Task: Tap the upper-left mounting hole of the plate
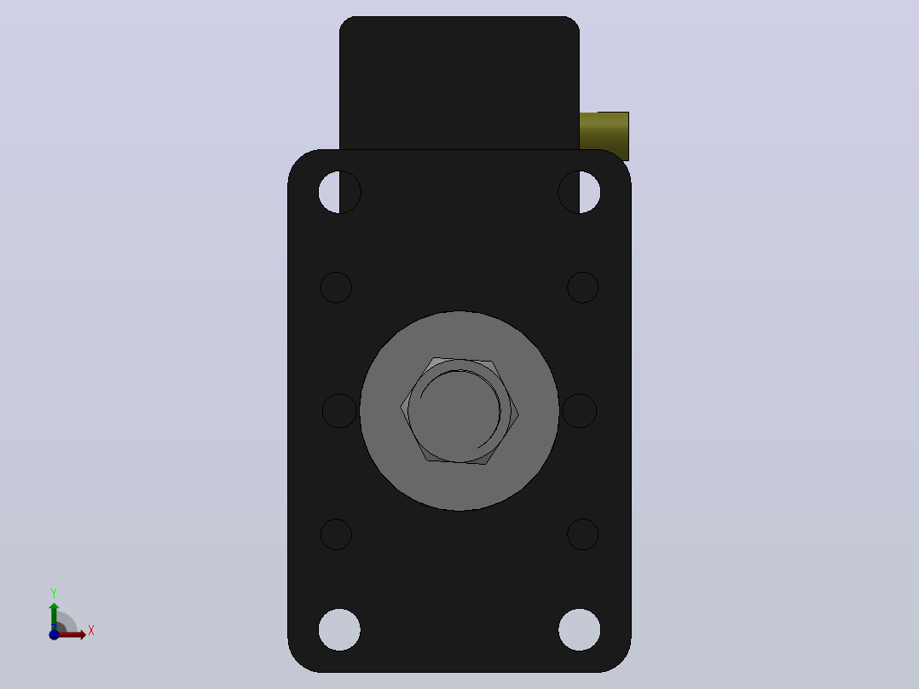tap(339, 192)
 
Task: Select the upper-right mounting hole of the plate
tap(579, 192)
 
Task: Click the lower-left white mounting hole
tap(339, 630)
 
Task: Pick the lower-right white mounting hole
tap(579, 630)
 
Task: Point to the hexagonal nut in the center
tap(459, 410)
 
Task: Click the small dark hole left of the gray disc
tap(339, 410)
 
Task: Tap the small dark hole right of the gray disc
tap(579, 410)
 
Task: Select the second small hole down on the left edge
tap(336, 287)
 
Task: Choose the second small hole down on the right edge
tap(582, 287)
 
